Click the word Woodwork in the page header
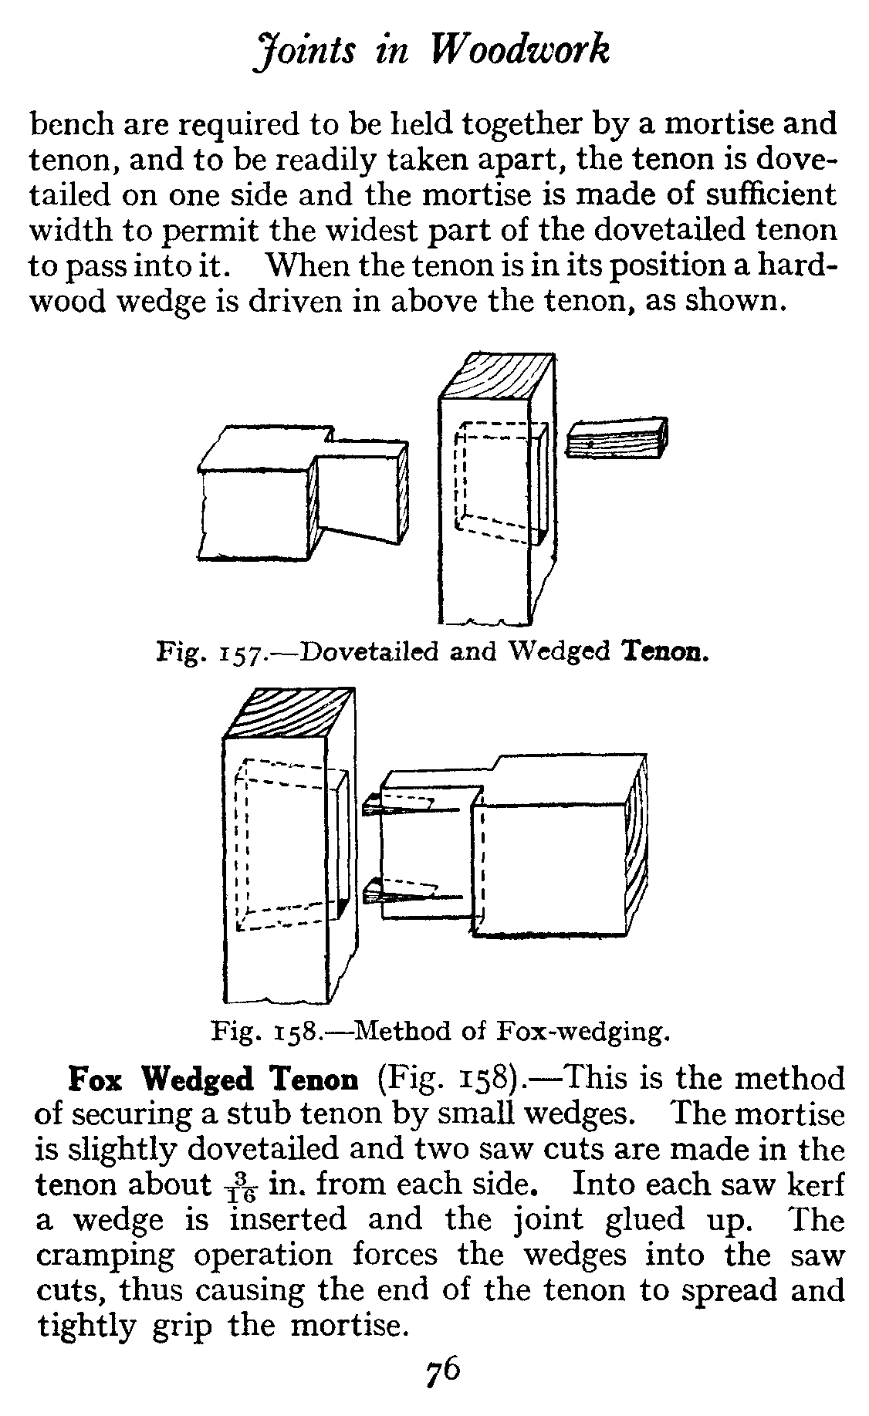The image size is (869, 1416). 521,51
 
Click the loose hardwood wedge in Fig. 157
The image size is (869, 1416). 617,438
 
